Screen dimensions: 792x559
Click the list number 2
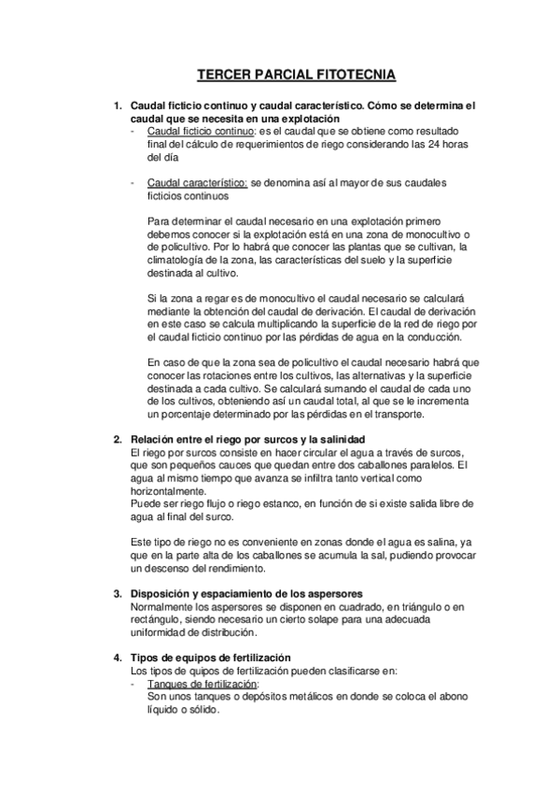click(117, 439)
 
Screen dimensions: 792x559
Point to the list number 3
click(117, 593)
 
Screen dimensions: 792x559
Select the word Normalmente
click(162, 606)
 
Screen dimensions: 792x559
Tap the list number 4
click(117, 658)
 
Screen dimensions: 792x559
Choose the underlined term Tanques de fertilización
click(203, 684)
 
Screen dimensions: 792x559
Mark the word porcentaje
click(175, 415)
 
